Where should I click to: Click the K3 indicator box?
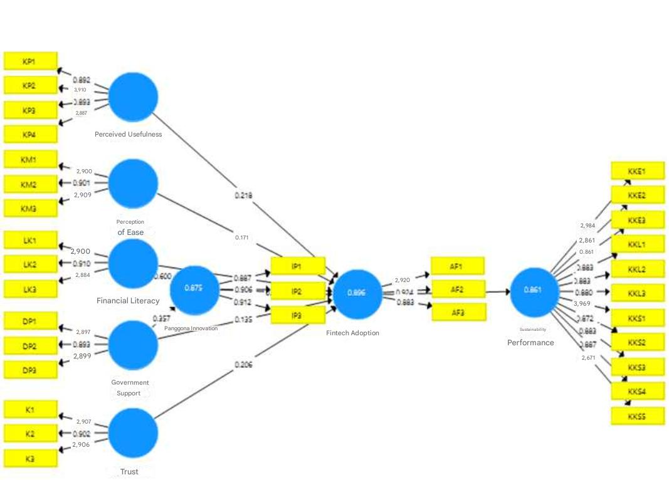[30, 458]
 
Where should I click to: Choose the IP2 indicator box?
[297, 291]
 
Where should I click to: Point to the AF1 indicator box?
[458, 266]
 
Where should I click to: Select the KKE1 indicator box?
[637, 171]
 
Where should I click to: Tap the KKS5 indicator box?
[637, 416]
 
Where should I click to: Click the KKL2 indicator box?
[637, 269]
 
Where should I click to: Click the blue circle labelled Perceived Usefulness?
[133, 97]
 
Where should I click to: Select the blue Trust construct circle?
[133, 433]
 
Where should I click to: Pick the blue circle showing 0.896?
[357, 293]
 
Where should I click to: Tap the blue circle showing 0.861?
[534, 291]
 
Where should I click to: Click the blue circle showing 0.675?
[194, 289]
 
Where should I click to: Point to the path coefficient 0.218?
[243, 196]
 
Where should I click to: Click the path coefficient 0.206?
[243, 364]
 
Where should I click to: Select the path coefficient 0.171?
[242, 238]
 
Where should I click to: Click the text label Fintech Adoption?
[352, 333]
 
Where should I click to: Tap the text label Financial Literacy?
[128, 301]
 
